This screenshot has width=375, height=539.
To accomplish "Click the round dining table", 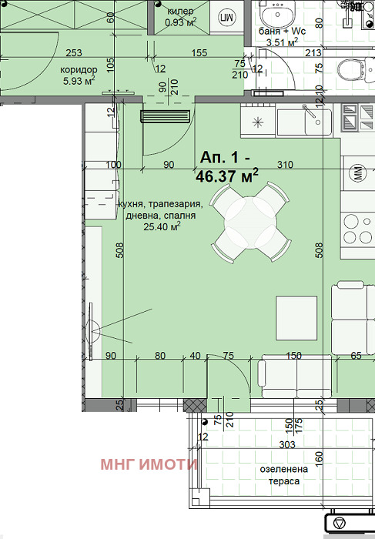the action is (x=250, y=223).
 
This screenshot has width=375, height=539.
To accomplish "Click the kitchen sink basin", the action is (x=304, y=122).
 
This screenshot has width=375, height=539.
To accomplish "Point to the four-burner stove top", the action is (x=358, y=229).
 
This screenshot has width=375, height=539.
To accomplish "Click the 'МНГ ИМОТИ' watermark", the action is (x=149, y=464).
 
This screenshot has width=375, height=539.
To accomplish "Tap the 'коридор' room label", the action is (x=79, y=70).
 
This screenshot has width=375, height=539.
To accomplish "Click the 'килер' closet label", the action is (x=180, y=12).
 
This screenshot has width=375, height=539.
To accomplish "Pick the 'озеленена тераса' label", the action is (x=284, y=475).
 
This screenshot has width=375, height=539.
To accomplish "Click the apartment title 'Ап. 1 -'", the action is (x=225, y=158).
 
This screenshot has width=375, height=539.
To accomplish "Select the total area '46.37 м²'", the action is (x=227, y=176).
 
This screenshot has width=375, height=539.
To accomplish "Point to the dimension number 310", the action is (x=285, y=165).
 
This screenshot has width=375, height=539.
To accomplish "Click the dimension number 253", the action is (x=74, y=52).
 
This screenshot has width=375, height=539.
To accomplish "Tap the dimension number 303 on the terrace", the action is (x=287, y=445).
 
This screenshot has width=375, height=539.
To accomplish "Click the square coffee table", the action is (x=296, y=318).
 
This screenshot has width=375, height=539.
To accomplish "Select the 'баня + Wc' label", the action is (x=282, y=32).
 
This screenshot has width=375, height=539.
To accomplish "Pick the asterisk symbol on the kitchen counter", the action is (x=258, y=122).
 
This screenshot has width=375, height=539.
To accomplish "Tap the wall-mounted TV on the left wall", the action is (x=92, y=331).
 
